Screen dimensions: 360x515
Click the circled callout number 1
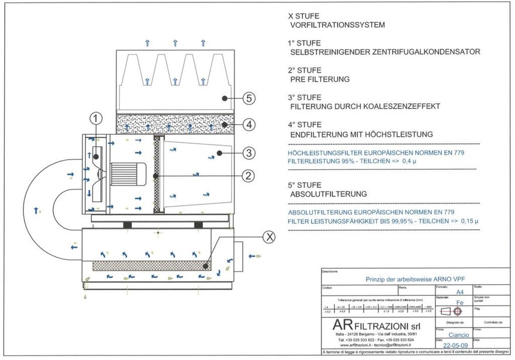point(98,118)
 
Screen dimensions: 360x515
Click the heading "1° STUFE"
point(305,43)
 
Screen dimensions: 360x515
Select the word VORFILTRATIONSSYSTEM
point(336,25)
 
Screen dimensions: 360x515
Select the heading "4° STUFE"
point(305,125)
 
